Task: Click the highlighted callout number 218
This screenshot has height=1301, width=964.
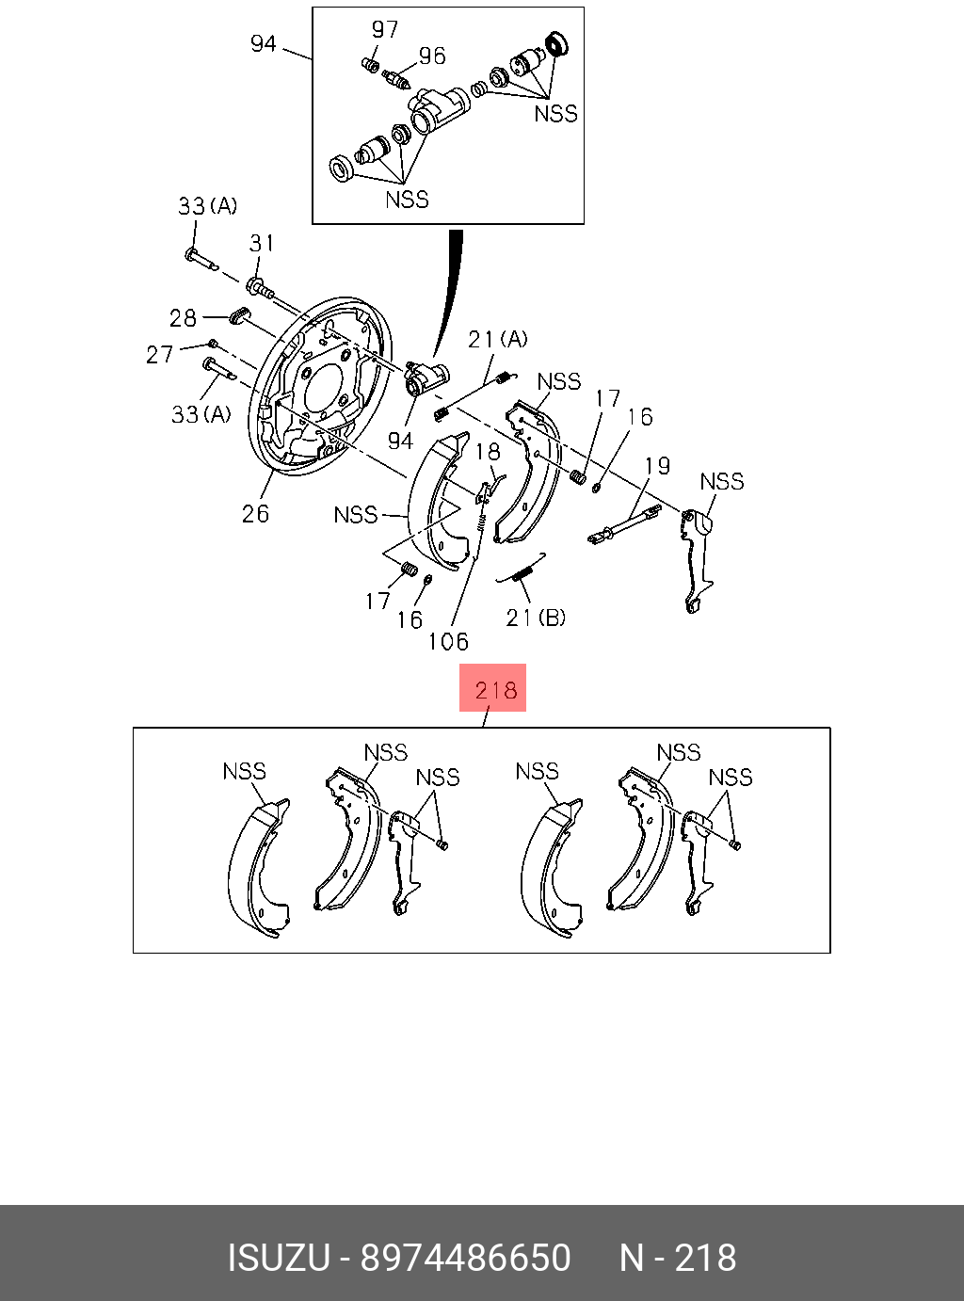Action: point(496,690)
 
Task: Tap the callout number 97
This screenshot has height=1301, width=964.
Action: point(385,29)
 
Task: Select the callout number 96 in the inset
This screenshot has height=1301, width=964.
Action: point(432,56)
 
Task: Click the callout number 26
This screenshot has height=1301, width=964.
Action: point(255,514)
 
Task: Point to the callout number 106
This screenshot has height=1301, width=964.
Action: point(448,642)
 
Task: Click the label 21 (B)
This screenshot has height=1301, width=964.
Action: point(536,617)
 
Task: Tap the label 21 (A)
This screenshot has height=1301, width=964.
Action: point(498,339)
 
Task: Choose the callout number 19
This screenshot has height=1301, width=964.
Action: point(657,466)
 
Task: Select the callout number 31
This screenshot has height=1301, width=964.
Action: point(262,243)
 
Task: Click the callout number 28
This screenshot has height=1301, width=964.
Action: point(183,318)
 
